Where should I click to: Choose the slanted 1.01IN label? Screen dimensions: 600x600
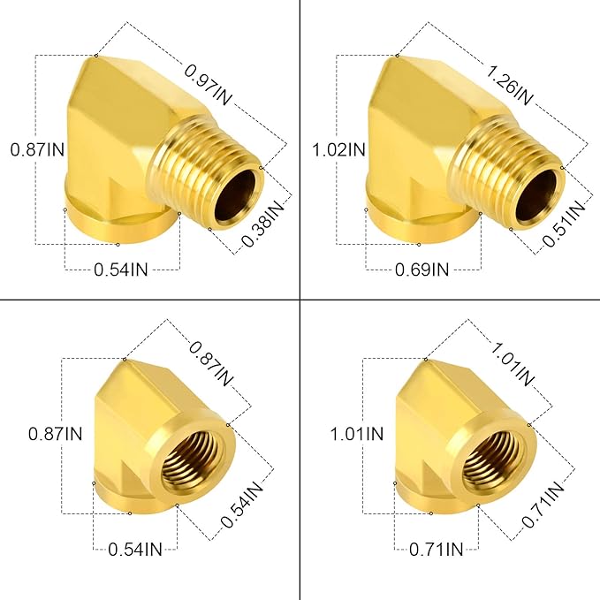pyautogui.click(x=512, y=365)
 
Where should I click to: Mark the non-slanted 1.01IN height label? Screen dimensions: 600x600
pyautogui.click(x=357, y=434)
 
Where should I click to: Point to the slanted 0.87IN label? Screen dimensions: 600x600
pyautogui.click(x=211, y=365)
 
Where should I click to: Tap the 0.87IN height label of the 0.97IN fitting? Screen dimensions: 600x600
pyautogui.click(x=36, y=150)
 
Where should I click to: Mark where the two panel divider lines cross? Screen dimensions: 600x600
pyautogui.click(x=300, y=300)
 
